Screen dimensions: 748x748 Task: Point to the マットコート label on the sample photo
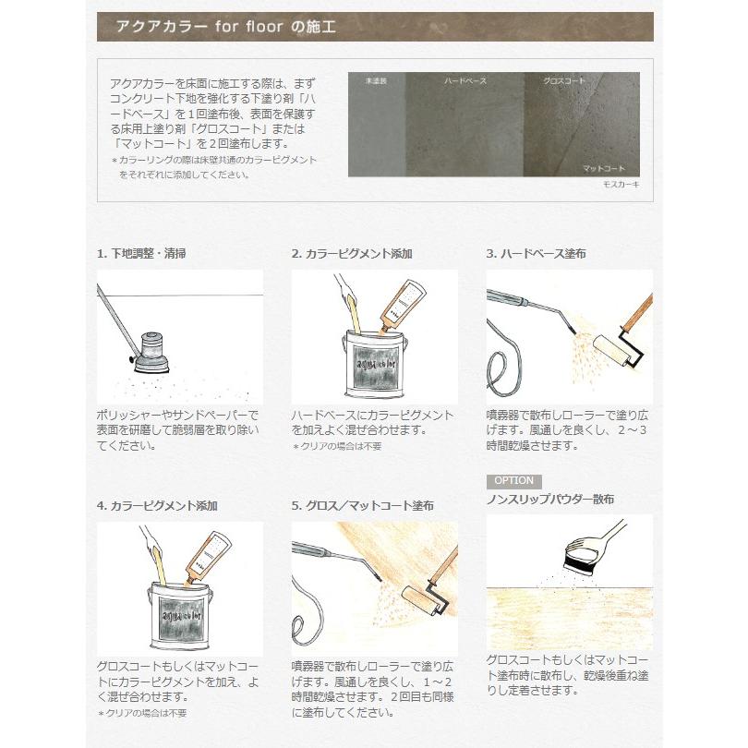(603, 169)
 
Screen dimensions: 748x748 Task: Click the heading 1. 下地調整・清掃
(140, 253)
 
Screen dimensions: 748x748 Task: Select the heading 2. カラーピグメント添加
(352, 253)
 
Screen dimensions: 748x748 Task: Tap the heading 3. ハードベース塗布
(537, 253)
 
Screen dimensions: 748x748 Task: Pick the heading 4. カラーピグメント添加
(157, 506)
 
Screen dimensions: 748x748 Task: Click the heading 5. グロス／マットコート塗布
(362, 506)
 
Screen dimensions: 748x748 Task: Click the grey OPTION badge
(513, 481)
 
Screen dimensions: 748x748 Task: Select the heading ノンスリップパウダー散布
(549, 500)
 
